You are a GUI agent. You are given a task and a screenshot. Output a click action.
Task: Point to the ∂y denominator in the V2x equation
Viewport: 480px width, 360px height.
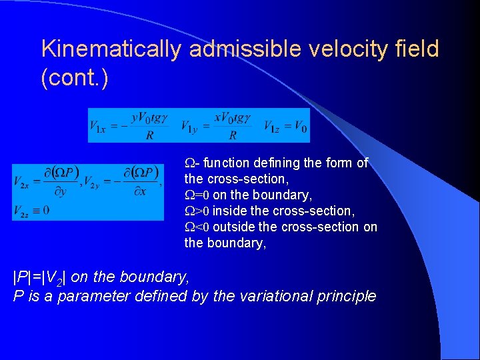point(59,191)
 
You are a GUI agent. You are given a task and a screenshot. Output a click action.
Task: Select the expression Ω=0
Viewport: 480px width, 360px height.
point(197,195)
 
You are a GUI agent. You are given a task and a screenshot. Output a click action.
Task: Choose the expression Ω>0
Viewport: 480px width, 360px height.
point(197,211)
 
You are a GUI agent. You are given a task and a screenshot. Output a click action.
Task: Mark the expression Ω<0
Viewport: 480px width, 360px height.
point(197,227)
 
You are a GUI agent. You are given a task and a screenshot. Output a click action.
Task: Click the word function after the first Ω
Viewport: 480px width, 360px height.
point(226,163)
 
